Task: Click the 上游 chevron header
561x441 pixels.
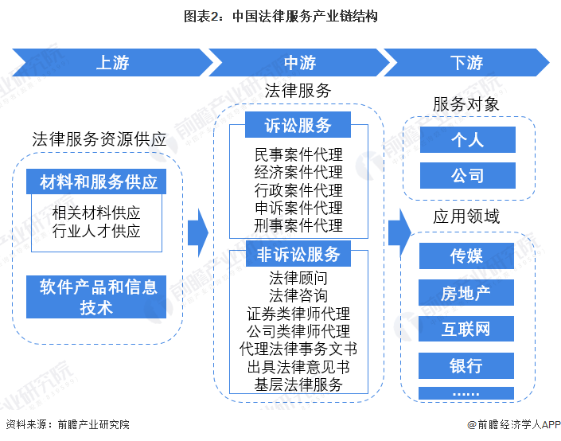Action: (x=111, y=63)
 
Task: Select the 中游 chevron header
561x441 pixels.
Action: (x=298, y=63)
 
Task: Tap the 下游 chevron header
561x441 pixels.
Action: (x=466, y=63)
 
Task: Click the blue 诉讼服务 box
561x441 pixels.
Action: (x=298, y=126)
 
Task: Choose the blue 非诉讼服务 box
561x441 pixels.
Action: (x=298, y=255)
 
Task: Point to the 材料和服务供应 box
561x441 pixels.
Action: (x=99, y=181)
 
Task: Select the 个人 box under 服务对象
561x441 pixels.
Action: (x=467, y=139)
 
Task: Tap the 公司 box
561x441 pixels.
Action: (x=467, y=176)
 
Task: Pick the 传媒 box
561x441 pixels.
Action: (x=466, y=256)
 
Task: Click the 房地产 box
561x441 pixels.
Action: (x=466, y=293)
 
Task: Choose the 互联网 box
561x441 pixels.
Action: (x=466, y=330)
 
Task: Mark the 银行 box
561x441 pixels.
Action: (x=466, y=366)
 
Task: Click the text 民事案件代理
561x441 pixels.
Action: (x=298, y=154)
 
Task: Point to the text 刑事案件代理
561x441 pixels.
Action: (x=298, y=225)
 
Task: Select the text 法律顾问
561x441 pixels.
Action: (x=298, y=278)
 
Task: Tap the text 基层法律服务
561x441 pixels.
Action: (x=298, y=384)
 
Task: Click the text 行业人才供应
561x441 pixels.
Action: (x=96, y=232)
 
